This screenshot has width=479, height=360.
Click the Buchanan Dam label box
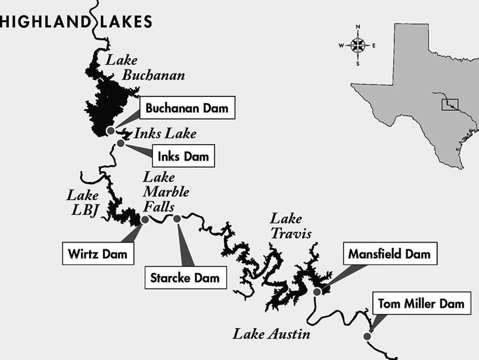pyautogui.click(x=187, y=108)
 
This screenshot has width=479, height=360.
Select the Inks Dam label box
pyautogui.click(x=183, y=156)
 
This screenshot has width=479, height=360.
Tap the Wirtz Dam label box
pyautogui.click(x=98, y=254)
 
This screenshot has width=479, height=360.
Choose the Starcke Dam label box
pyautogui.click(x=185, y=278)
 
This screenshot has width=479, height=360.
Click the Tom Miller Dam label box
pyautogui.click(x=421, y=303)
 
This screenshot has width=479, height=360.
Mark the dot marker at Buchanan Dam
pyautogui.click(x=111, y=130)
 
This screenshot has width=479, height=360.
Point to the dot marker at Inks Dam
pyautogui.click(x=121, y=143)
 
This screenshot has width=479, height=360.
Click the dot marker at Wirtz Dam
pyautogui.click(x=145, y=220)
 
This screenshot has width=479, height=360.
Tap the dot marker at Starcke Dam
pyautogui.click(x=177, y=219)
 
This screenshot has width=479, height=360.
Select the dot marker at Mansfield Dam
pyautogui.click(x=317, y=292)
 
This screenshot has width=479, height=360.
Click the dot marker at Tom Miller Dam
pyautogui.click(x=367, y=336)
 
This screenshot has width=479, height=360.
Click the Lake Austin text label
pyautogui.click(x=271, y=334)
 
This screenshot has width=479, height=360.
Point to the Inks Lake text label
pyautogui.click(x=165, y=134)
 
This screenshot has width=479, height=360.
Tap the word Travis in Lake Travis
pyautogui.click(x=291, y=233)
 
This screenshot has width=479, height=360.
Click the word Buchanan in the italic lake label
pyautogui.click(x=153, y=75)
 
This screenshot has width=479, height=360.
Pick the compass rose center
pyautogui.click(x=358, y=45)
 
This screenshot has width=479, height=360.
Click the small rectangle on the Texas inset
pyautogui.click(x=450, y=104)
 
